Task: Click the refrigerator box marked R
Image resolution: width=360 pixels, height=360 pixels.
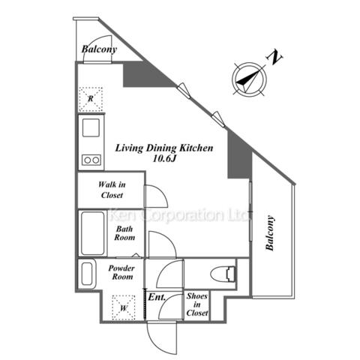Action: [91, 99]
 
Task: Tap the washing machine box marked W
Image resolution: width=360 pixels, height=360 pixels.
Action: [124, 307]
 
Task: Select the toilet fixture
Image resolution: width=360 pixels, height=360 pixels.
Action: [223, 274]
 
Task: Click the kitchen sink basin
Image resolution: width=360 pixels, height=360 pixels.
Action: [91, 127]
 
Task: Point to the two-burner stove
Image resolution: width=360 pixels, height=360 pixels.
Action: [91, 160]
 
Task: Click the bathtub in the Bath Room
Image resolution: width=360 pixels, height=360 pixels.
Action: [93, 233]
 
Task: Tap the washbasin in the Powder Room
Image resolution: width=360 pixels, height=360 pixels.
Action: [87, 274]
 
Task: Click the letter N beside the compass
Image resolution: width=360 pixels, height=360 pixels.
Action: [275, 58]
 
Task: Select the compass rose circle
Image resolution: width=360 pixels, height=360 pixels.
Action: [249, 79]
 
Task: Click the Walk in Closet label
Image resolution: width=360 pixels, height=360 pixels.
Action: [112, 190]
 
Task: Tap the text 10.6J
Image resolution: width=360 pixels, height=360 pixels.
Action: [164, 158]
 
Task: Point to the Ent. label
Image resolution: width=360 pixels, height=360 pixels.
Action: [157, 297]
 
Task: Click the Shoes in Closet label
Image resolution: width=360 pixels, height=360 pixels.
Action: [197, 304]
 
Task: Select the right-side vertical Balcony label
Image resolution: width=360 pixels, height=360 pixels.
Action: [270, 233]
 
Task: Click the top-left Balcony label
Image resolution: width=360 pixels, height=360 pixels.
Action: [99, 49]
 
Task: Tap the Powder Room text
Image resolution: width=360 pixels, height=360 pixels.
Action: [121, 272]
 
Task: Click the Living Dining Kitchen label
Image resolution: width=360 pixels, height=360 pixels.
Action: [164, 148]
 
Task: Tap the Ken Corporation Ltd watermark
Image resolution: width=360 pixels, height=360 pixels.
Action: [178, 215]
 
